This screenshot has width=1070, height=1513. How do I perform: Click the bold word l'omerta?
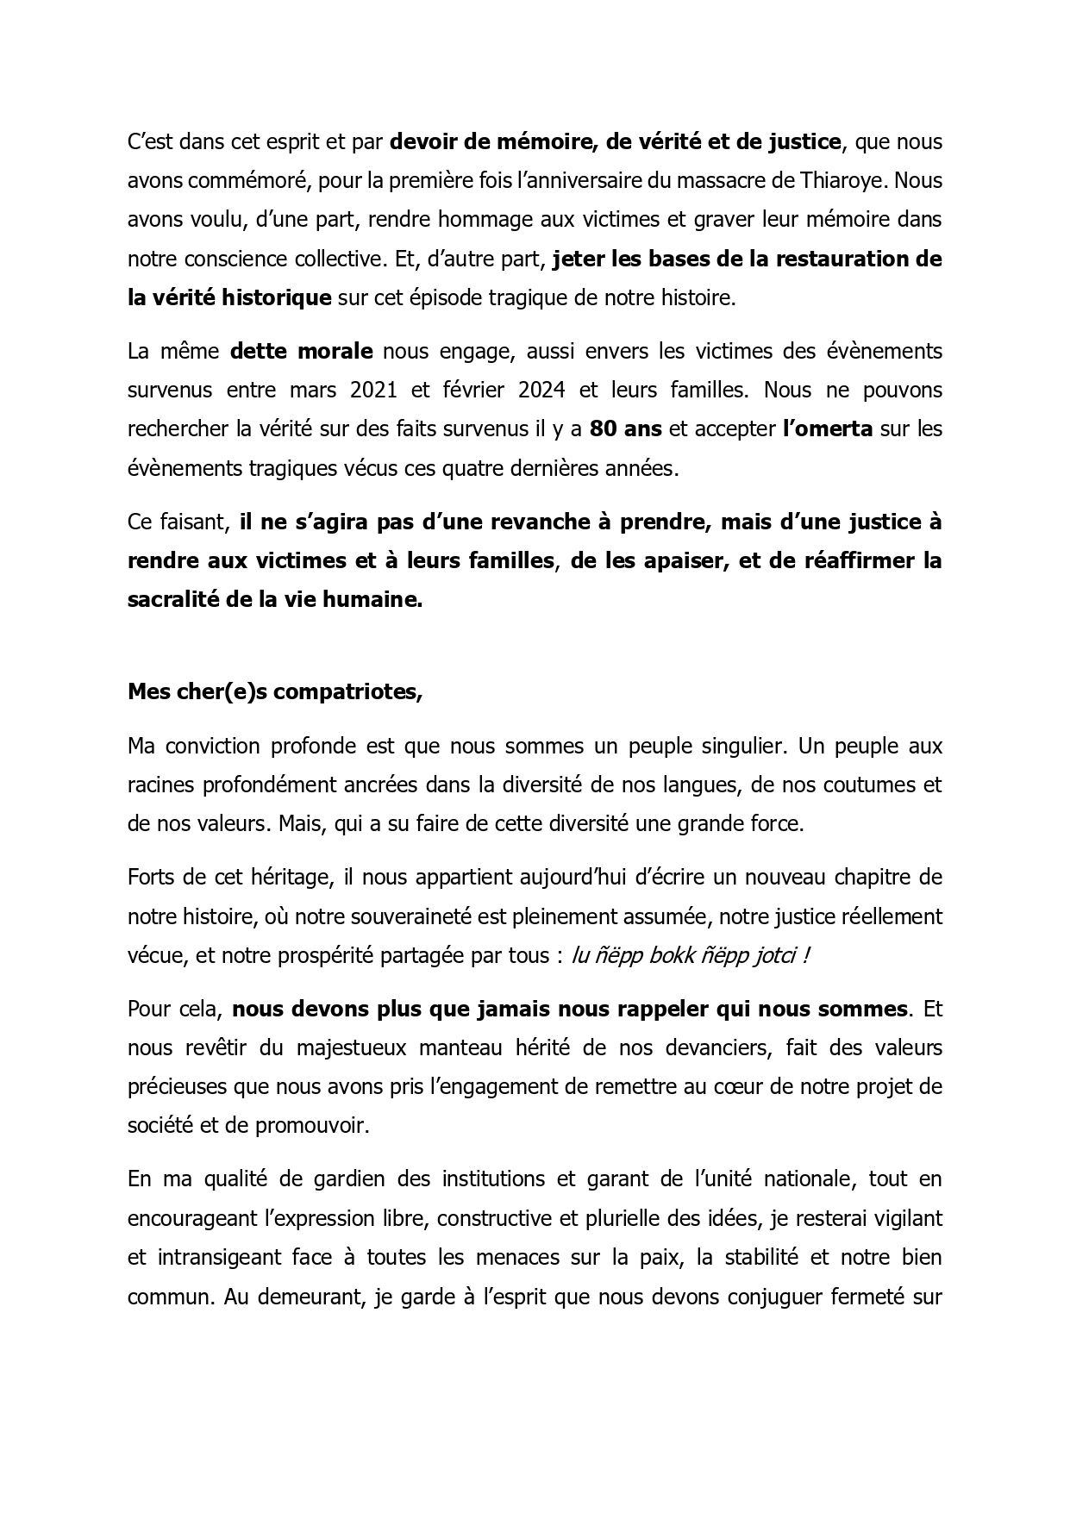(x=827, y=428)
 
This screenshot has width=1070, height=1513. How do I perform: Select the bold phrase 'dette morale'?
(x=302, y=351)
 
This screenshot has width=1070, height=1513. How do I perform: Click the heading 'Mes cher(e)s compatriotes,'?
(x=275, y=692)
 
